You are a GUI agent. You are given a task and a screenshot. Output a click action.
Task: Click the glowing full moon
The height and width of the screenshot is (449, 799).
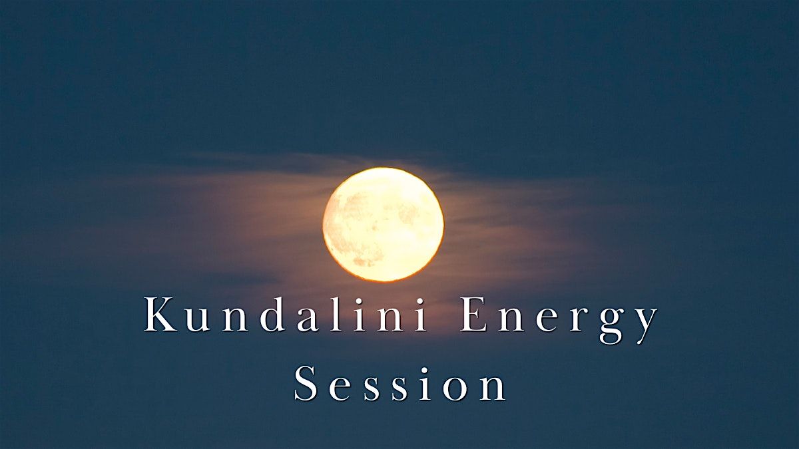(384, 225)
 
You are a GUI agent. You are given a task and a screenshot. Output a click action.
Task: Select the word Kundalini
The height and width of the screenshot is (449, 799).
(286, 314)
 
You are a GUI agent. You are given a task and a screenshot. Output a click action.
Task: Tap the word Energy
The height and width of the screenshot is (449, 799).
(559, 320)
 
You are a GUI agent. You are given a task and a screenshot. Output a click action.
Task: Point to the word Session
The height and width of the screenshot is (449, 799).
(400, 383)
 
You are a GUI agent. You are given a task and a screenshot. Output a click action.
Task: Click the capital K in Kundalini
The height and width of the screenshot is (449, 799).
(160, 314)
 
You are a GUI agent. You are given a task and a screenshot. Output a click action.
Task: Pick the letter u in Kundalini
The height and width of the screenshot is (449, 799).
(197, 320)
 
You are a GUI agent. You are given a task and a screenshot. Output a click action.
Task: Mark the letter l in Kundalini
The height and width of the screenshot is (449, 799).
(336, 314)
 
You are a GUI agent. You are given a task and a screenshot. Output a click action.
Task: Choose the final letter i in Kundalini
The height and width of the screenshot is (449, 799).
(421, 315)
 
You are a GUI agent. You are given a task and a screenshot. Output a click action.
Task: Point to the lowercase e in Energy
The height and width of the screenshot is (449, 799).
(547, 320)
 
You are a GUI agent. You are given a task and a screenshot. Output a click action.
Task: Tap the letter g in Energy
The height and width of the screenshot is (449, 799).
(611, 326)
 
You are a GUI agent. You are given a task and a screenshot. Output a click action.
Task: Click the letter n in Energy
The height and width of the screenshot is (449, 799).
(511, 320)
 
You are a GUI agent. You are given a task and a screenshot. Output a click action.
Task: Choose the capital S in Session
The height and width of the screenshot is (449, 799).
(306, 383)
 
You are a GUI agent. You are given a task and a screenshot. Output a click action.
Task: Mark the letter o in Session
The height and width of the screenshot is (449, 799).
(455, 390)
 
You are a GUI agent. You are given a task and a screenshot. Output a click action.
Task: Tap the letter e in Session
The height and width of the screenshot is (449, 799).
(340, 390)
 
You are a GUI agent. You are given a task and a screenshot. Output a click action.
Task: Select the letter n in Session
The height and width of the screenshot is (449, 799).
(493, 389)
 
